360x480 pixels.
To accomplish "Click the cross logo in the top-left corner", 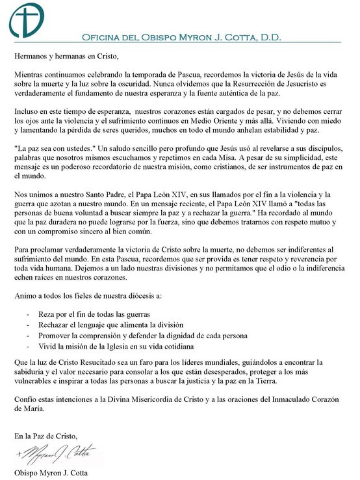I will (23, 20).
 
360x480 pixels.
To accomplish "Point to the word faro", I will (142, 362).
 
